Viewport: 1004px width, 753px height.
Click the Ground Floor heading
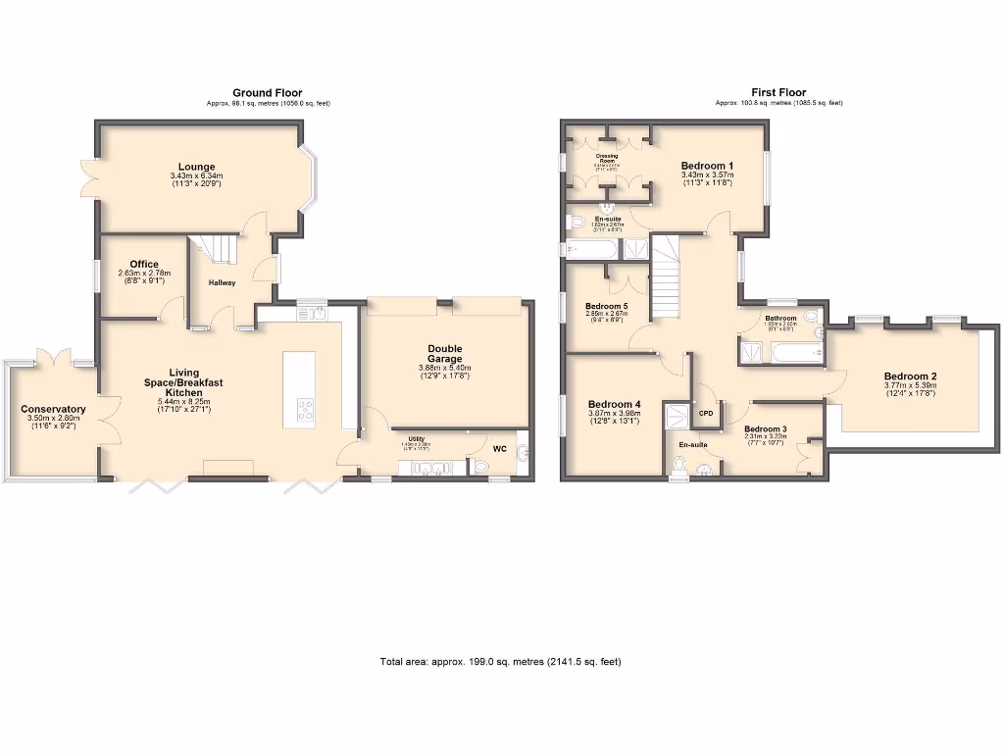coord(268,93)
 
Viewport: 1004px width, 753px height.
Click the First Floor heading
coord(778,93)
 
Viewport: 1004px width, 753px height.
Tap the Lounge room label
coord(196,167)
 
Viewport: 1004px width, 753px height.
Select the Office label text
coord(144,264)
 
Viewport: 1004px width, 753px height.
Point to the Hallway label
coord(222,283)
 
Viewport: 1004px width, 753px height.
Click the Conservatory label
coord(53,410)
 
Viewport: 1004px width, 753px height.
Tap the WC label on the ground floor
coord(499,451)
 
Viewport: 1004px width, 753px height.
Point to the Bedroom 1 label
coord(707,166)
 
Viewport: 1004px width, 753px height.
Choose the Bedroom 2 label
coord(910,376)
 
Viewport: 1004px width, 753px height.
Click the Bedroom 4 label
coord(614,404)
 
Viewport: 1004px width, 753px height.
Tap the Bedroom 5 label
coord(606,307)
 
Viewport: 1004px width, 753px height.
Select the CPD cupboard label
coord(705,414)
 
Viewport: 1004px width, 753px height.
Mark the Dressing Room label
coord(607,157)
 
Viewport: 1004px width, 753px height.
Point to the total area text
coord(500,662)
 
